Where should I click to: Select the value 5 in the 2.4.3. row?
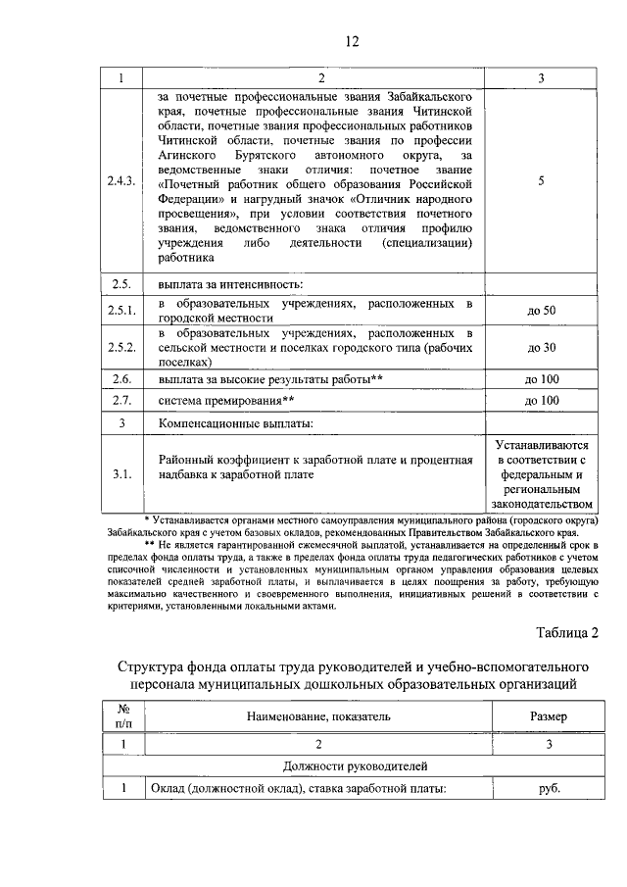541,181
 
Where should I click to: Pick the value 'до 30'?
541,347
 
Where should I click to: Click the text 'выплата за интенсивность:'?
230,285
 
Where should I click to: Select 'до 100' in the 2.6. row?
541,378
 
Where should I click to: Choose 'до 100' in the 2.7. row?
541,401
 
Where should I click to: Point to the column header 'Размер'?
548,716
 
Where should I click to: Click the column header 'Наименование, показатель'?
318,716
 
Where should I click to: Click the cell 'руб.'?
548,788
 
